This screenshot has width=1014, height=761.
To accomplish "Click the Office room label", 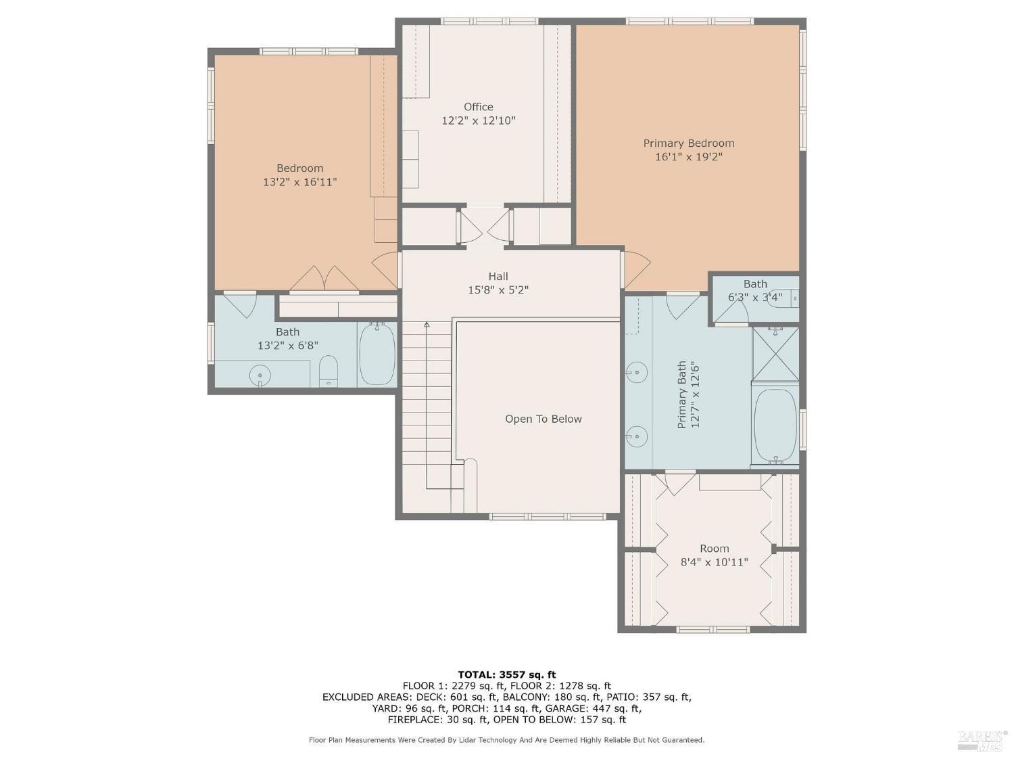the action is pos(478,107).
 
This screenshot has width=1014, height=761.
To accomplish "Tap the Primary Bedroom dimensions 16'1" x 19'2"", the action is pos(688,157).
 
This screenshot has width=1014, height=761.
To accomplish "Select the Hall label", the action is pos(498,276).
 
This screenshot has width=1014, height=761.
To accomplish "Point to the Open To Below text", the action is pos(544,419).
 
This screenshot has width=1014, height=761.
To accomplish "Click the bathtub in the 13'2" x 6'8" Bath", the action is pos(377,354).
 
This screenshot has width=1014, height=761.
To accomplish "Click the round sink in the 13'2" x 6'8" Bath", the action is pos(260,375).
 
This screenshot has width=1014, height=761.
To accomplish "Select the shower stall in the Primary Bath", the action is pos(775,354).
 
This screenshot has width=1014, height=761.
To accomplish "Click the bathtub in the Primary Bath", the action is pos(775,425).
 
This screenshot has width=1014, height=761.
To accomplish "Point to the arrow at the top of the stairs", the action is pos(427,325).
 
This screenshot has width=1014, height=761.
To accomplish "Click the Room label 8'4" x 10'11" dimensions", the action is pos(714,562).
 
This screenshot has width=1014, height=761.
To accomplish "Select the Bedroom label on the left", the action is pos(300,168).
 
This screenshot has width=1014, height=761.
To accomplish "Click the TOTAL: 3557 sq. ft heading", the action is pos(507,675).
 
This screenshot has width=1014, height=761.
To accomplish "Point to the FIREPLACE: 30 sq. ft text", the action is pos(439,720).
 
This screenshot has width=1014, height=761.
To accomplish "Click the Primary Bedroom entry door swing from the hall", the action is pos(635,269).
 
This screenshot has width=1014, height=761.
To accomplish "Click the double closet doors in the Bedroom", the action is pos(324,279).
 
